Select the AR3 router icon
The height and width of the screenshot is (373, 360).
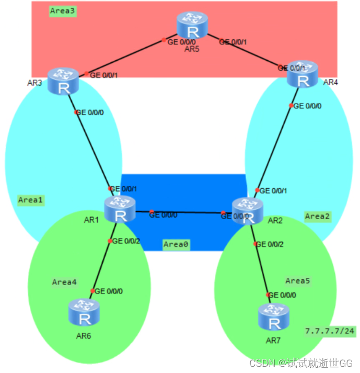63,82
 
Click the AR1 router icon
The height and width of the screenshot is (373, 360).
120,209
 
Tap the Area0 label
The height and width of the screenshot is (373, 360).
175,244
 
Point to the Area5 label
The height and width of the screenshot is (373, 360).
298,281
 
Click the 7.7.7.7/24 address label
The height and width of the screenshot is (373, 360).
329,331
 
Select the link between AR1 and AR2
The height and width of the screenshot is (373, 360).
183,212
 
